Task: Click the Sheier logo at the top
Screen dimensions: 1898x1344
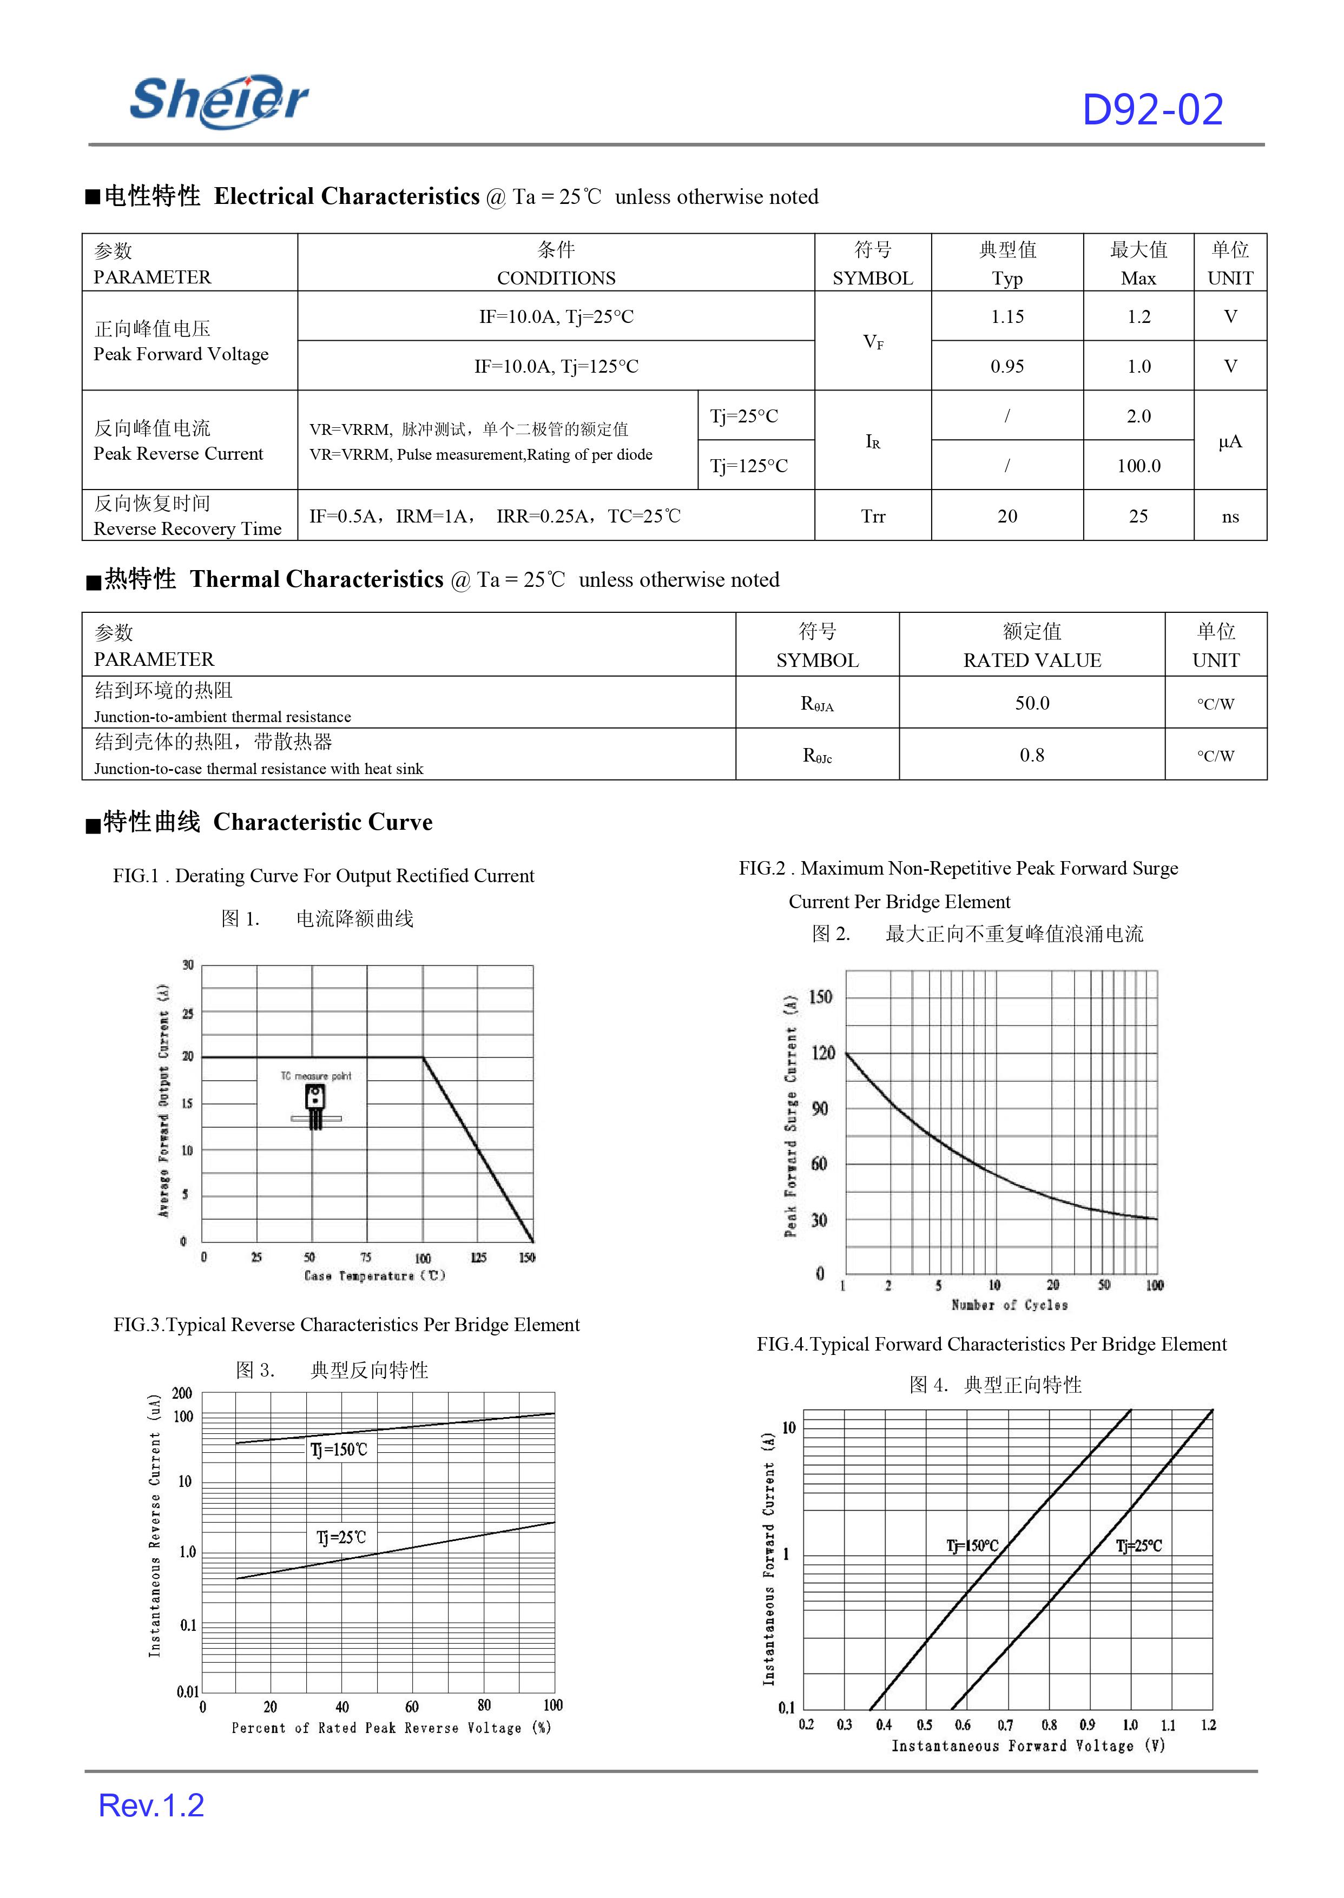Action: pyautogui.click(x=219, y=101)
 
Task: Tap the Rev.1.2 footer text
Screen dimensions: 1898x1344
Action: pyautogui.click(x=151, y=1806)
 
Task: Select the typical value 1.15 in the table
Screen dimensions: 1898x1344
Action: pyautogui.click(x=1007, y=317)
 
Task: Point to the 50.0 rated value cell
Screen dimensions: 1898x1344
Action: pyautogui.click(x=1032, y=703)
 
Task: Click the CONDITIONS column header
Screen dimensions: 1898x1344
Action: pyautogui.click(x=556, y=278)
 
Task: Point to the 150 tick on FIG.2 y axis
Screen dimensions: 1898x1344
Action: pyautogui.click(x=820, y=997)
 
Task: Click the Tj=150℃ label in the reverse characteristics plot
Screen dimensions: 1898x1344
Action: pyautogui.click(x=339, y=1450)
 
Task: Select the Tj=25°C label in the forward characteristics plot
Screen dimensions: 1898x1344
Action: pyautogui.click(x=1139, y=1545)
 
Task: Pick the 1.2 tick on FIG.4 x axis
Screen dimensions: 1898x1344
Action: pyautogui.click(x=1208, y=1725)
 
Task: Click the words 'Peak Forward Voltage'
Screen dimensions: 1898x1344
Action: pyautogui.click(x=181, y=354)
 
